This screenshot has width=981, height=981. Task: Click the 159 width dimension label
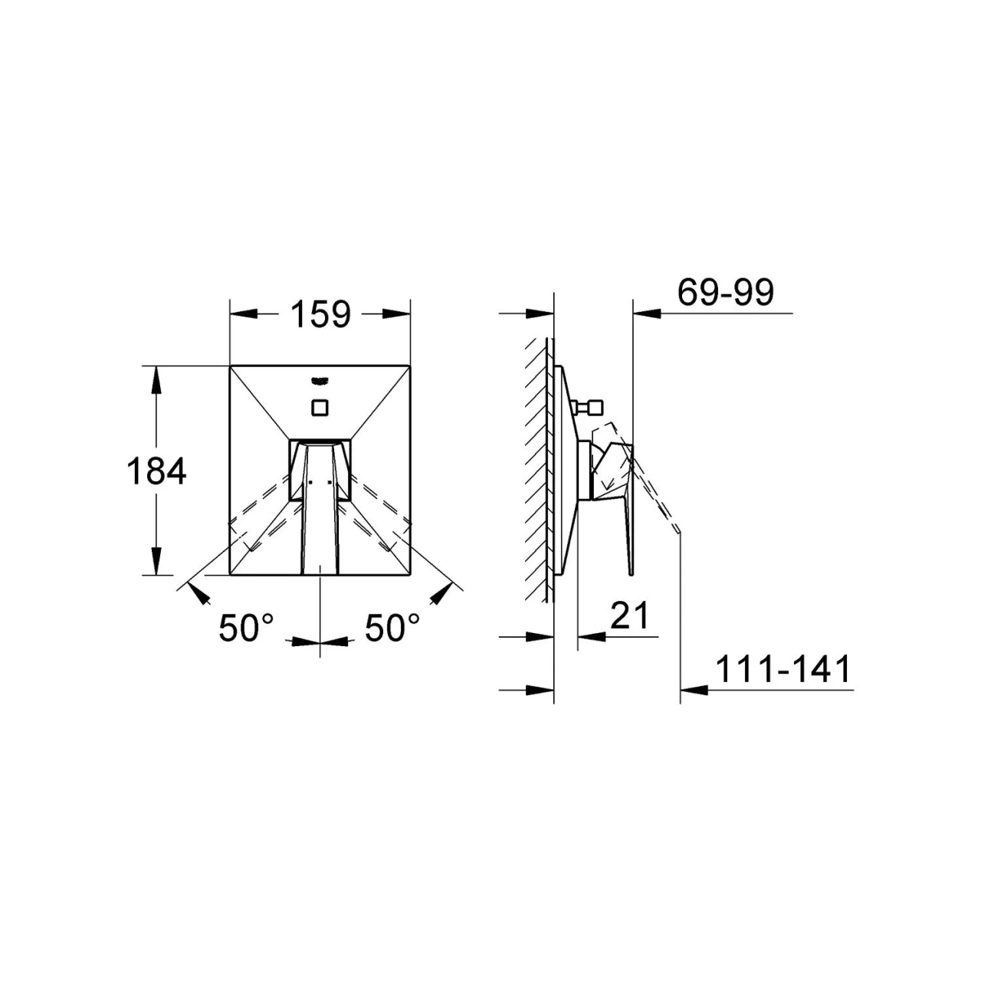tap(320, 315)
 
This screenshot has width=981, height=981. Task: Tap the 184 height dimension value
tap(156, 471)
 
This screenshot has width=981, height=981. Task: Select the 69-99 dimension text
tap(726, 293)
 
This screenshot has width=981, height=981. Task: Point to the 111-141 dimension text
tap(783, 669)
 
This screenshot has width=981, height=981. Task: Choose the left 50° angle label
tap(246, 628)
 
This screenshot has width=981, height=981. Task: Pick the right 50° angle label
tap(392, 628)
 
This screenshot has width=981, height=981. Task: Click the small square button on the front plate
tap(319, 408)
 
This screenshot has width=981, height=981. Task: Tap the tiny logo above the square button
tap(319, 380)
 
